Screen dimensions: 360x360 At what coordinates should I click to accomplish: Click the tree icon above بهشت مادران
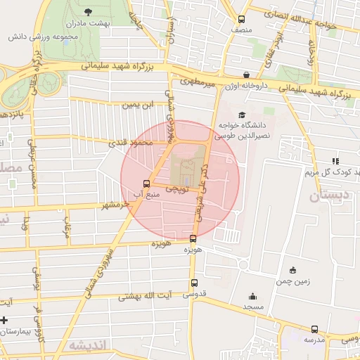[87, 12]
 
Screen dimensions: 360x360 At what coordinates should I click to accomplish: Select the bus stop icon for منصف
[242, 20]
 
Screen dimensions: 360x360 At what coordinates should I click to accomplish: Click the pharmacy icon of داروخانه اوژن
[246, 75]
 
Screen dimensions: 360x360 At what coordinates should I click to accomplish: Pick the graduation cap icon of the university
[243, 115]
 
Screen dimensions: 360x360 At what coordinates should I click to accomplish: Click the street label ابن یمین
[138, 105]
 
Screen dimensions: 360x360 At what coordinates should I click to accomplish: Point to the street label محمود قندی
[131, 143]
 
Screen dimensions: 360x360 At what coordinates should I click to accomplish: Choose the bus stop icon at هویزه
[193, 238]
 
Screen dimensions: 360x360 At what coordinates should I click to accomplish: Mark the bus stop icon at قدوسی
[194, 283]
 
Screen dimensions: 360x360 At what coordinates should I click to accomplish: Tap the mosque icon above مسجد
[252, 297]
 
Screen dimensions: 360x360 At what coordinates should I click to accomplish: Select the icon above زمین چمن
[292, 270]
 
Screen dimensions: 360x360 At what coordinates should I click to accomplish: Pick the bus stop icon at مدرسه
[314, 329]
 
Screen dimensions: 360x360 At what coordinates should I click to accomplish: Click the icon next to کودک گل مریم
[309, 172]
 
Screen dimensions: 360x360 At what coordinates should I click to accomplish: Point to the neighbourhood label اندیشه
[88, 346]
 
